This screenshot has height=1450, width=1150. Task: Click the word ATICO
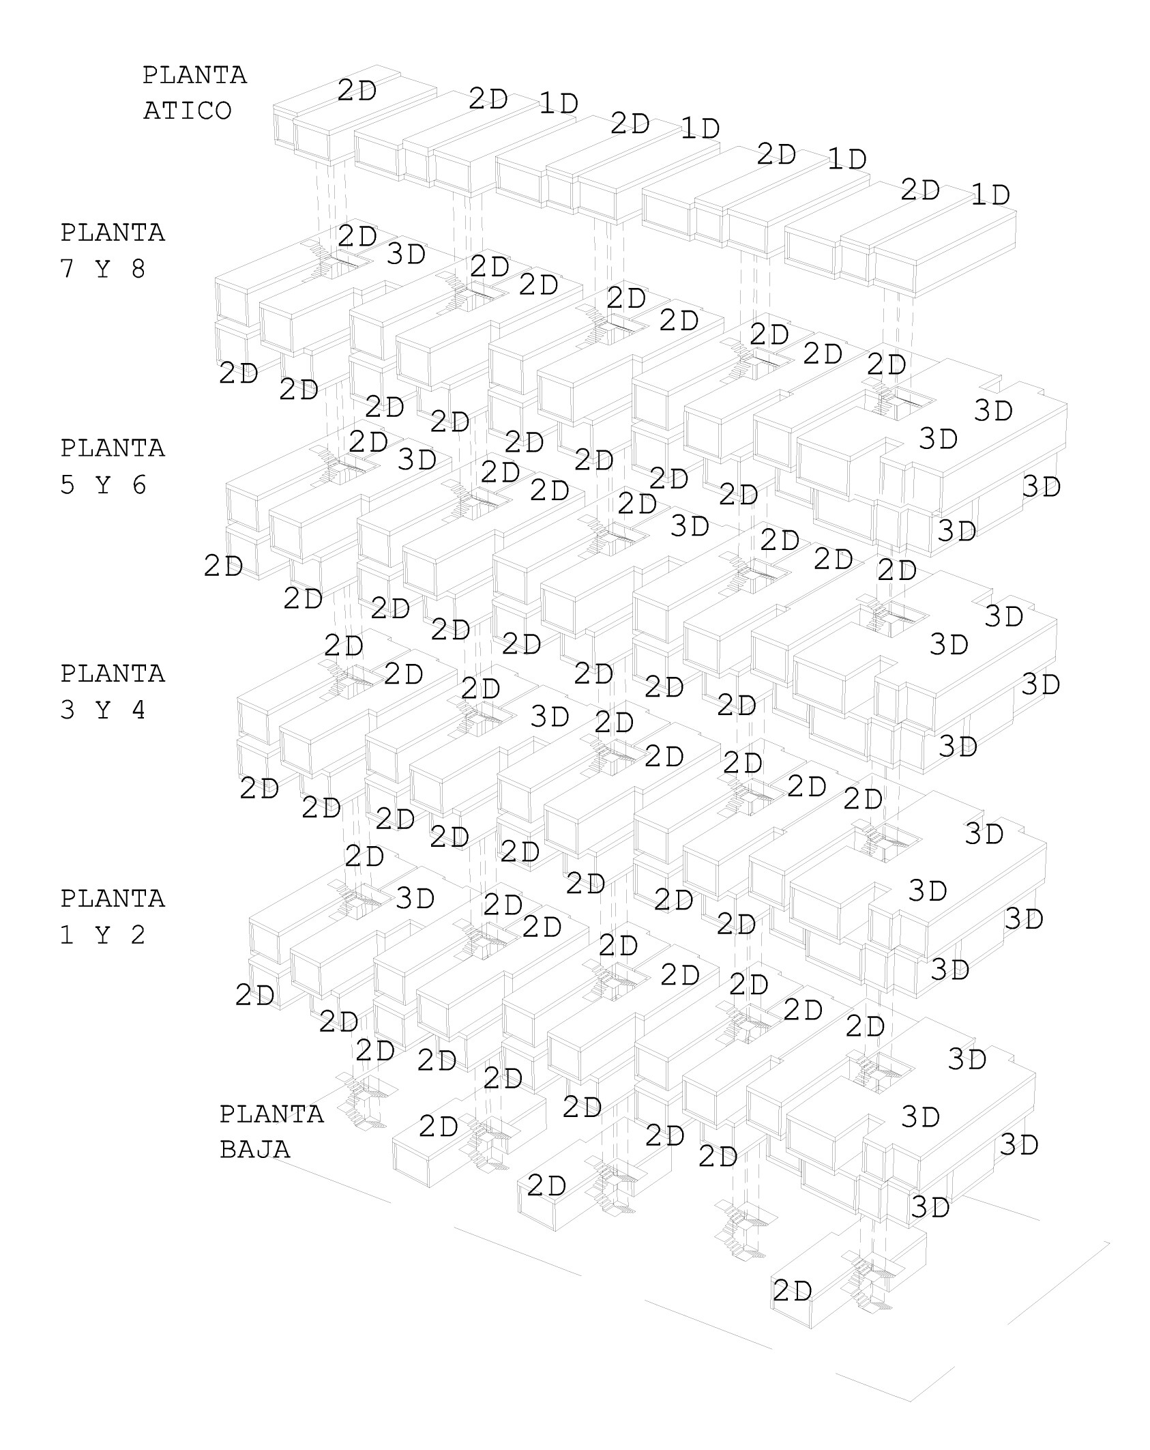187,111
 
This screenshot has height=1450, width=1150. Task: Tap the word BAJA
254,1149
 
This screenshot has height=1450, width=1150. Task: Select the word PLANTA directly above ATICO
194,75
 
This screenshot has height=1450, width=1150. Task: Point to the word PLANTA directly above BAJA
271,1114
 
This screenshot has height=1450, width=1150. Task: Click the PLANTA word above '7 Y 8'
113,233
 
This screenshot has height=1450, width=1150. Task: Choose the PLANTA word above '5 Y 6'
113,448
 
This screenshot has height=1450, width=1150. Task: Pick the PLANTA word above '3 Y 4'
113,673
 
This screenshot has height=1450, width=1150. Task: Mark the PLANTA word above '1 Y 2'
113,899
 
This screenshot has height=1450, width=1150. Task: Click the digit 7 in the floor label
67,270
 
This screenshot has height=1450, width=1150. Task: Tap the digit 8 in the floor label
138,270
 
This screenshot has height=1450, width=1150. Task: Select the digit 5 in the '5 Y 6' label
67,485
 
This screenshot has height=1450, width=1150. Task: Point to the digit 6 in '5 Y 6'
138,485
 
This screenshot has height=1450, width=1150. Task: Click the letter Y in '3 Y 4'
102,710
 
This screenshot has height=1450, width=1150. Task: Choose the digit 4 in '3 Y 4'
138,710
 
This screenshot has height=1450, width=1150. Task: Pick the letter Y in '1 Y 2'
102,936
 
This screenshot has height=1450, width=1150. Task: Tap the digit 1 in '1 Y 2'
67,936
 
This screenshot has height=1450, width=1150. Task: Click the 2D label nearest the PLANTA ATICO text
357,91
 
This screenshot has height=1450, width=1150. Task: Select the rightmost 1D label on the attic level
990,196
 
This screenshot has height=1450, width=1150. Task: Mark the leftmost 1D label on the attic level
559,104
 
